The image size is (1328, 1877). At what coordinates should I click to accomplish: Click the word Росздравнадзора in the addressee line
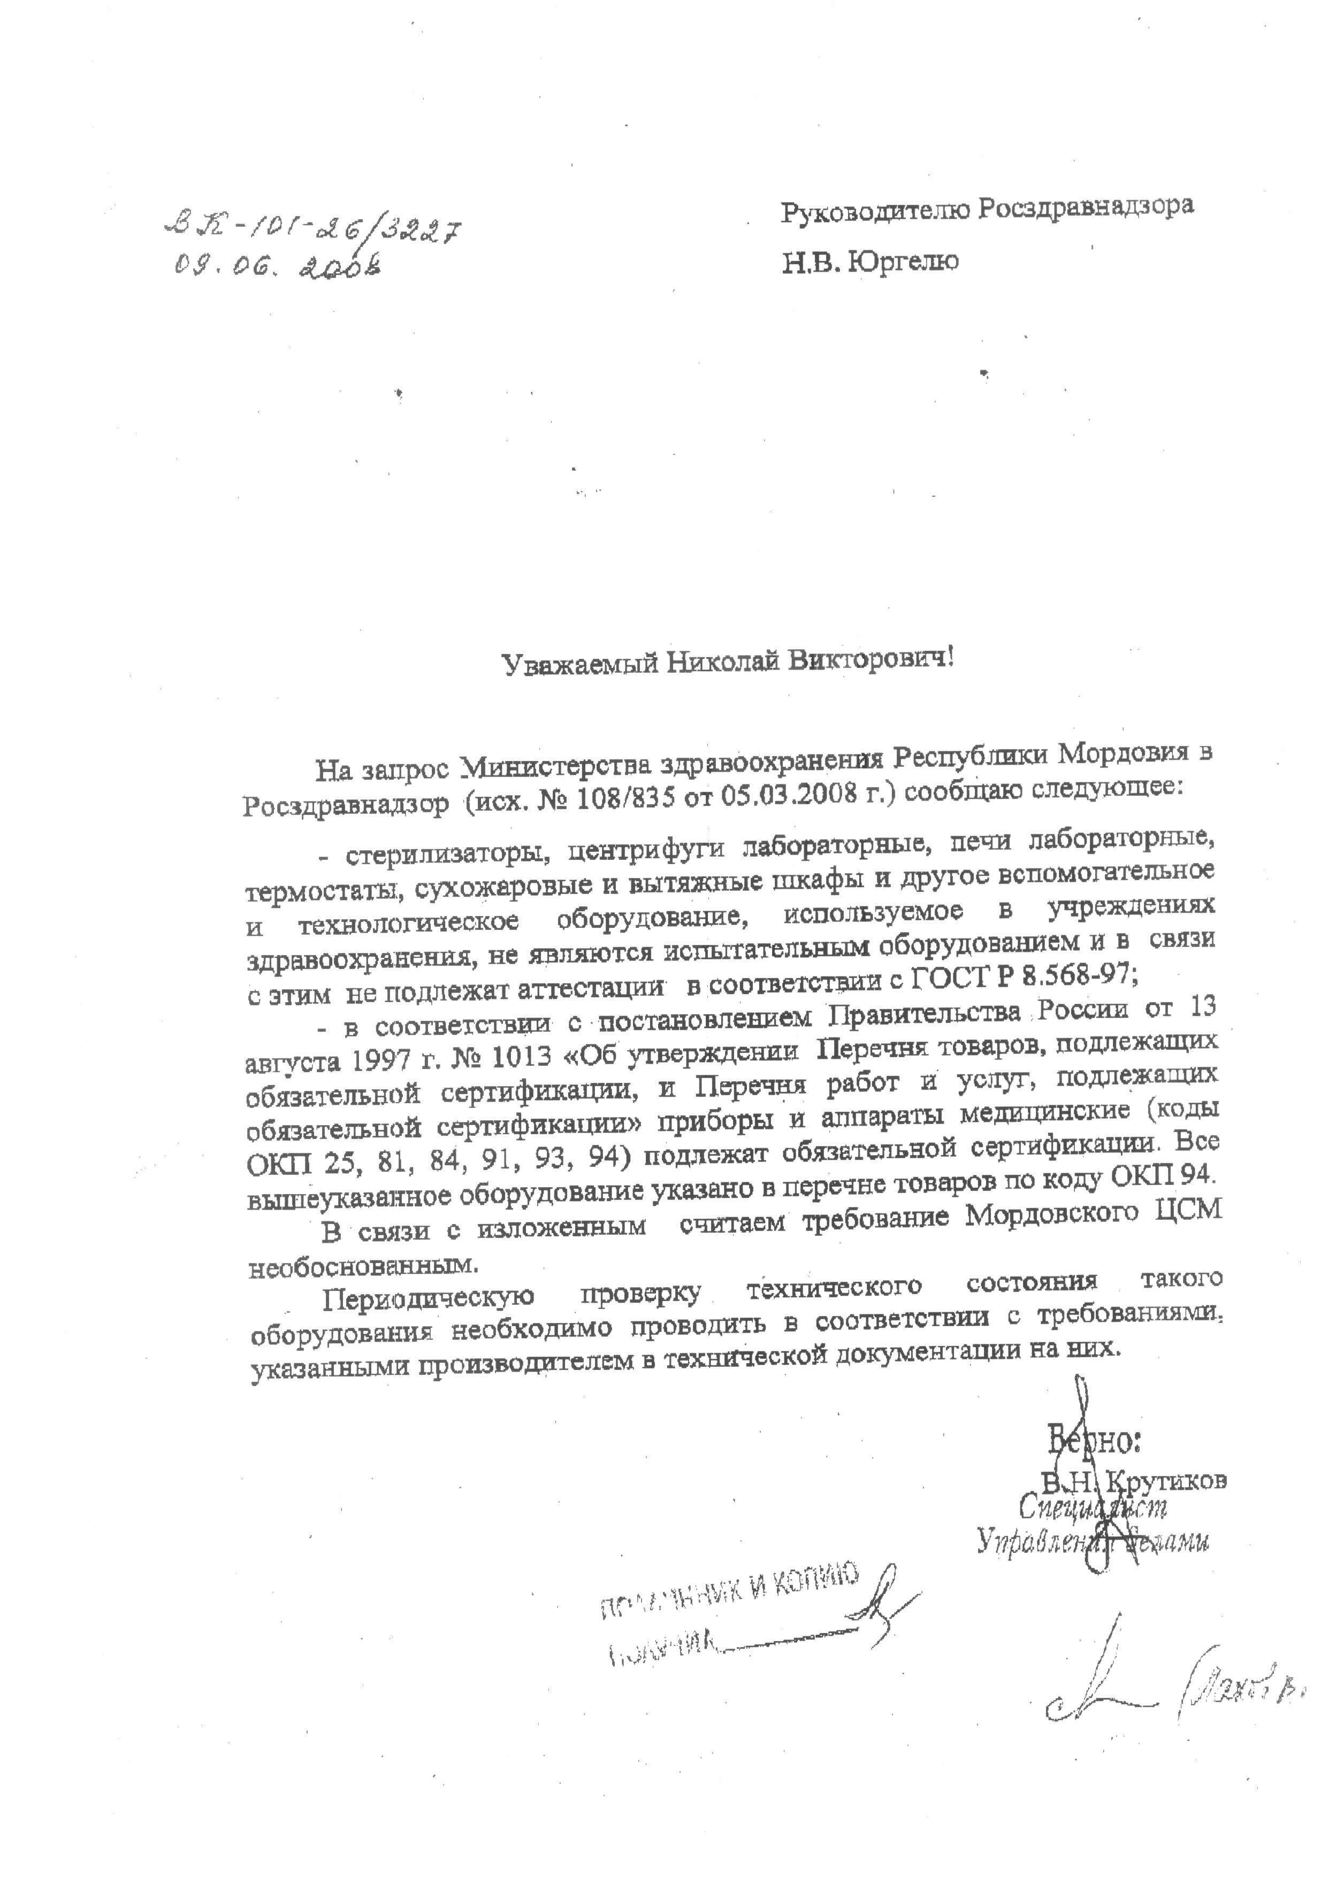1087,209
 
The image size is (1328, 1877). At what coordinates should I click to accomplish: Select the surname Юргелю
904,263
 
